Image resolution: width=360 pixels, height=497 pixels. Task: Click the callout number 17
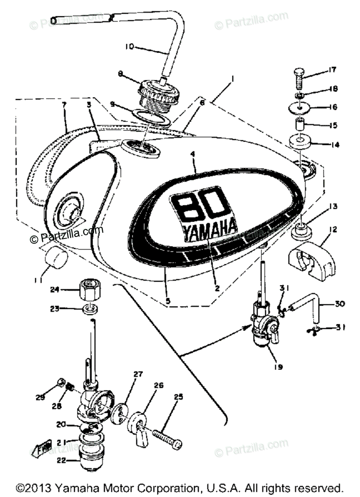click(332, 70)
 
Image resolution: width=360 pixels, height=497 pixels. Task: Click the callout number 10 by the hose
click(129, 47)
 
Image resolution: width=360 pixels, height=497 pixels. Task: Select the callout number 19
click(279, 367)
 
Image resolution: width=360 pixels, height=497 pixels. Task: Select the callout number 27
click(138, 374)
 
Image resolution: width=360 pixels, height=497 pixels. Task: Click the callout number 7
click(64, 105)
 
